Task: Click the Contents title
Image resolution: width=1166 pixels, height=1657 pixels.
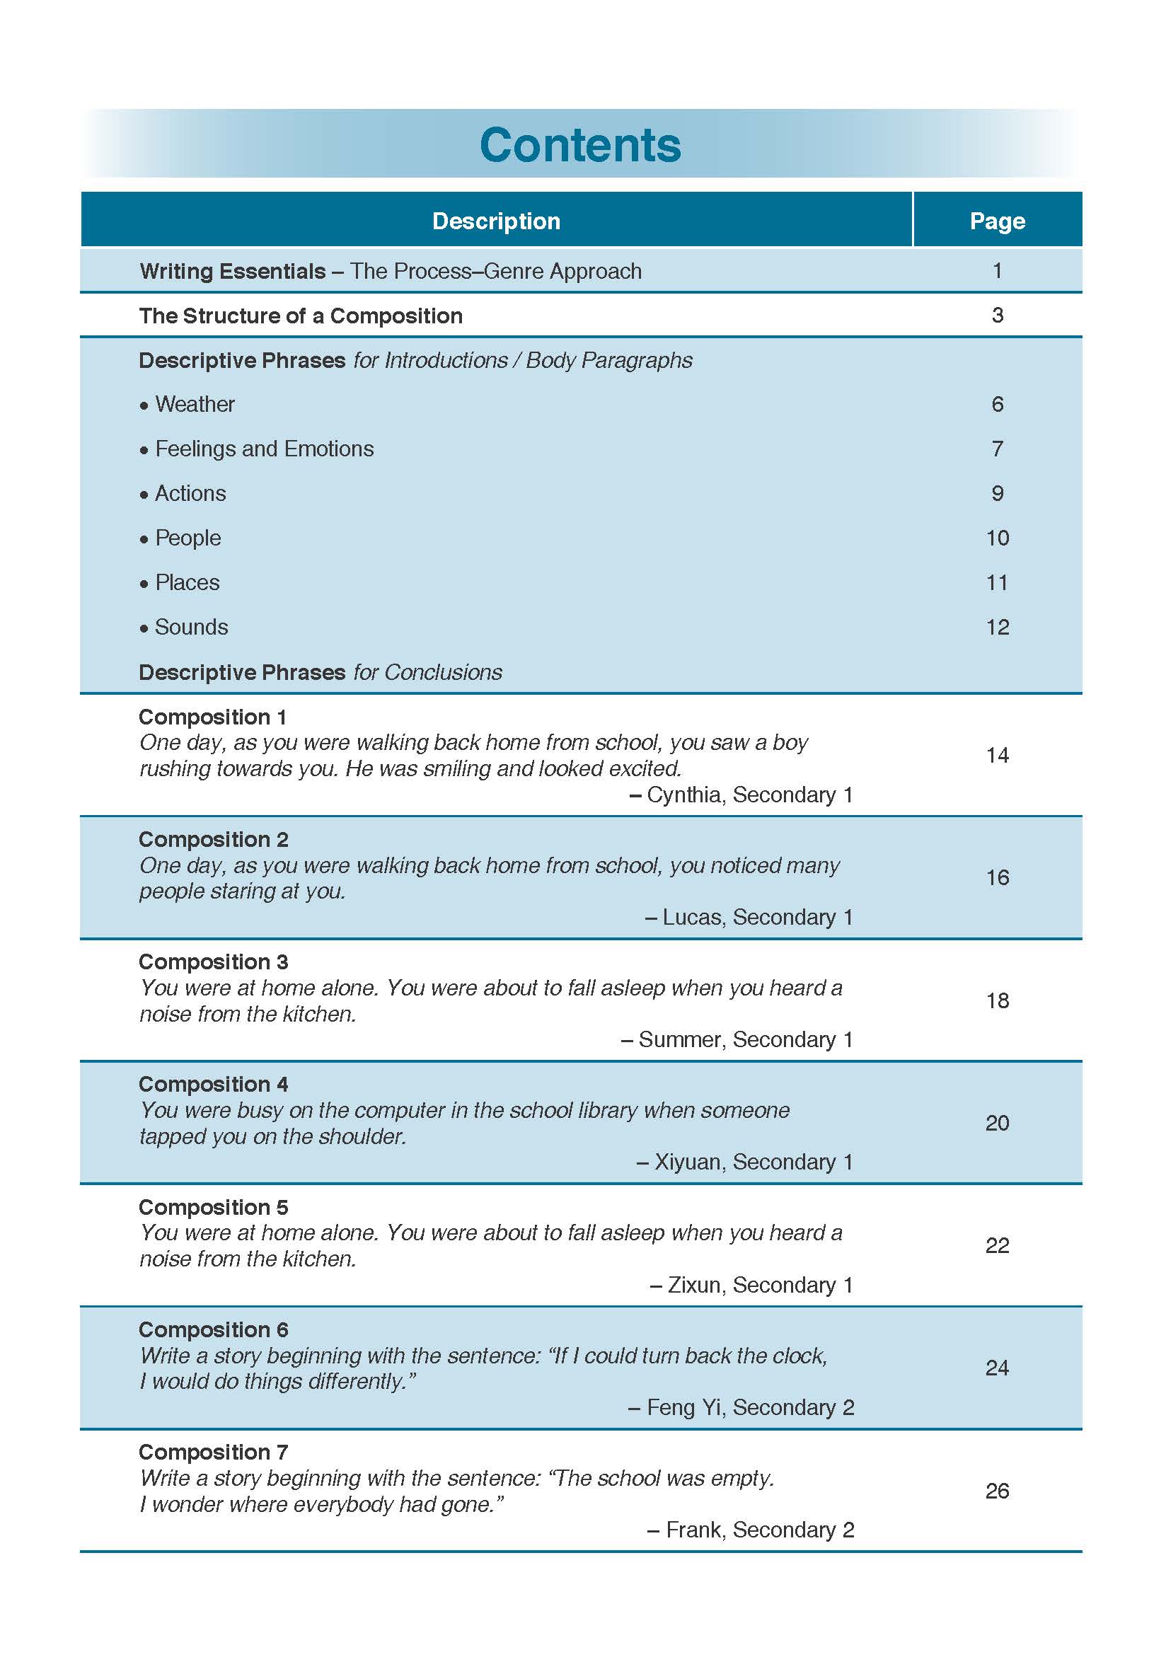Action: pyautogui.click(x=580, y=145)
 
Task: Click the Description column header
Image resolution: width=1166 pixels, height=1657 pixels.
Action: pyautogui.click(x=496, y=221)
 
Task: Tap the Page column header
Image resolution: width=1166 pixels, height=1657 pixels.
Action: pyautogui.click(x=996, y=221)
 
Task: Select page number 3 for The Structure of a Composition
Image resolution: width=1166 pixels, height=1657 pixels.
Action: pyautogui.click(x=997, y=316)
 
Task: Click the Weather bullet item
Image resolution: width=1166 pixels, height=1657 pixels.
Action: pyautogui.click(x=194, y=404)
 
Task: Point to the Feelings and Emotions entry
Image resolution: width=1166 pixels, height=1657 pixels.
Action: pyautogui.click(x=264, y=449)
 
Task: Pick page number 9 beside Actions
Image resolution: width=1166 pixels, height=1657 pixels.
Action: pyautogui.click(x=997, y=494)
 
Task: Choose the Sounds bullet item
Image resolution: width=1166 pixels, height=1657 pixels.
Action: pyautogui.click(x=191, y=627)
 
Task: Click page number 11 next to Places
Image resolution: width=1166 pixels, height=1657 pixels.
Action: pyautogui.click(x=997, y=582)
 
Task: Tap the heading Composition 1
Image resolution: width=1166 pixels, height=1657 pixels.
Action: pyautogui.click(x=213, y=717)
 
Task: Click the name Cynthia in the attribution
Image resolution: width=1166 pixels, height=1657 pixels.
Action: pyautogui.click(x=686, y=795)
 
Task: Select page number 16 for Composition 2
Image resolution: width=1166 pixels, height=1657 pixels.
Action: pyautogui.click(x=997, y=877)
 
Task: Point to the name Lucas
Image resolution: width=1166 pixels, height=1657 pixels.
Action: pyautogui.click(x=693, y=917)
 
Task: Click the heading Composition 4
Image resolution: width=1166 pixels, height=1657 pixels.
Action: pyautogui.click(x=213, y=1084)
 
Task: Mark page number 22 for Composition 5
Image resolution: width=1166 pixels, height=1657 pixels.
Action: pyautogui.click(x=997, y=1245)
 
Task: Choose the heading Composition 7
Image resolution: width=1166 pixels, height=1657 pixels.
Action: pyautogui.click(x=213, y=1452)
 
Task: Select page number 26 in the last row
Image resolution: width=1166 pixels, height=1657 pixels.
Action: pyautogui.click(x=997, y=1491)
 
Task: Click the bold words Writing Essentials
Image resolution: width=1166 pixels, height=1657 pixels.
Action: pyautogui.click(x=232, y=272)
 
